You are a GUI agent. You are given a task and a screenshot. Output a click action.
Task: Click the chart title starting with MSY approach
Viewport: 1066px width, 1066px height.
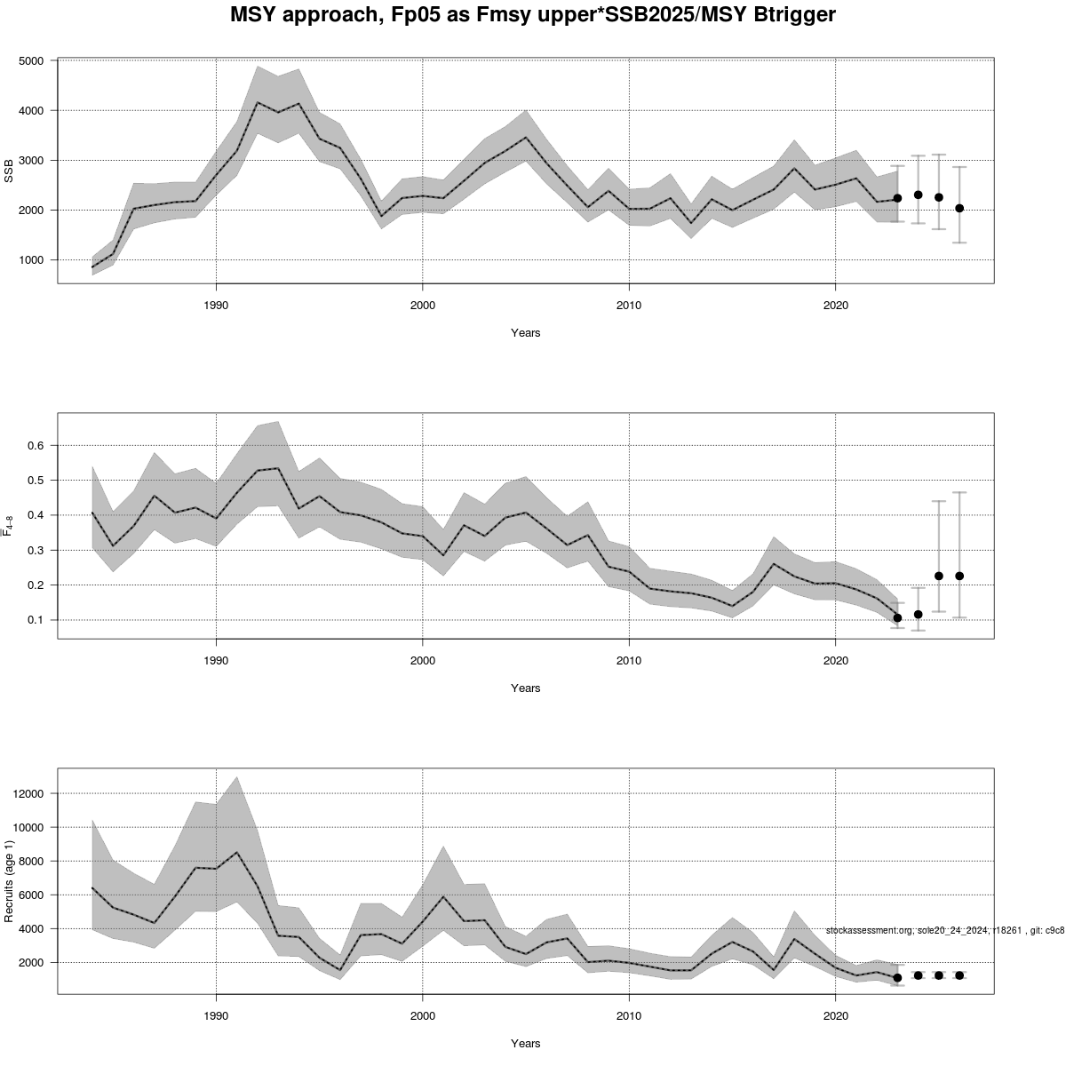coord(533,15)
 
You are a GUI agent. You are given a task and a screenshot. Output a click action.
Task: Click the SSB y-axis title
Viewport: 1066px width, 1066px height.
coord(9,171)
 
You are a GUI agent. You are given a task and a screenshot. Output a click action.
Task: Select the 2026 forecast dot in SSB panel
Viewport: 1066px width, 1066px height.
coord(959,208)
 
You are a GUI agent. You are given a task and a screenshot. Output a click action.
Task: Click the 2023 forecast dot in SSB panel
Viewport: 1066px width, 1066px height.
coord(897,198)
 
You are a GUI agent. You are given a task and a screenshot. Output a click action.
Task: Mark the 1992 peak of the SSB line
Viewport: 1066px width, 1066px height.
coord(258,103)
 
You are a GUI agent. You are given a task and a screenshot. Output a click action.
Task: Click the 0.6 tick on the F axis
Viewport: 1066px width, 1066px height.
coord(38,445)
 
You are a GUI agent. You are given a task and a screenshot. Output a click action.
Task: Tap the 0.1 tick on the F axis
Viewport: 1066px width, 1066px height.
coord(38,620)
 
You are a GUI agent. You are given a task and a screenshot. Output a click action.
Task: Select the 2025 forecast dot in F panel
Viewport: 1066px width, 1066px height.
coord(939,576)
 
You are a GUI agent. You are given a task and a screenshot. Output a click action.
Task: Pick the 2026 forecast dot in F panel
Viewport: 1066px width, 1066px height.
coord(959,576)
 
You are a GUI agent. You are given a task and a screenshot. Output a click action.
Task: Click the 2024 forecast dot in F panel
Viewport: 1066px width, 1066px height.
coord(918,614)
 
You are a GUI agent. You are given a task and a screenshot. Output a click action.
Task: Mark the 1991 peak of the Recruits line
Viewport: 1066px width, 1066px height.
coord(236,853)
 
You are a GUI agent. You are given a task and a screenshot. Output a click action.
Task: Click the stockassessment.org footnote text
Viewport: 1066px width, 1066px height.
coord(944,930)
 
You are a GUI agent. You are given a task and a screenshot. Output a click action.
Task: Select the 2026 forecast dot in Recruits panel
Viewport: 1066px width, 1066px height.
coord(959,975)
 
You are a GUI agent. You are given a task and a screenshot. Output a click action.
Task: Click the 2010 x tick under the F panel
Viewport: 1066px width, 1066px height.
coord(629,661)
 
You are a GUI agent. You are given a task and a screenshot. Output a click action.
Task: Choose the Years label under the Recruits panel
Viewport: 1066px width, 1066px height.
coord(525,1043)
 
